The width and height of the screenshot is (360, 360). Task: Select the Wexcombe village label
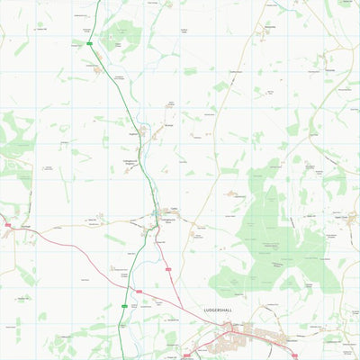[269, 28]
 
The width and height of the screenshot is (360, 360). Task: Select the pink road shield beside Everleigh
[6, 225]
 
